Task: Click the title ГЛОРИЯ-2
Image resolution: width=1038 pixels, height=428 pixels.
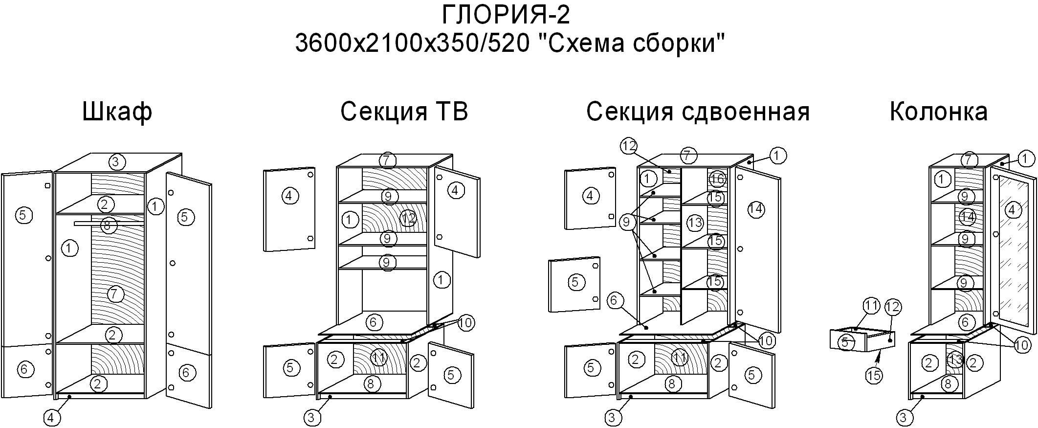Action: (506, 15)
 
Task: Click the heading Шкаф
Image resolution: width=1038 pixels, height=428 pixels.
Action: (117, 112)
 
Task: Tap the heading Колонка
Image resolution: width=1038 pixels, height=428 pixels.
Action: (938, 112)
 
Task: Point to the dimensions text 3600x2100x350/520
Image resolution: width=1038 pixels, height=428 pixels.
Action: (412, 44)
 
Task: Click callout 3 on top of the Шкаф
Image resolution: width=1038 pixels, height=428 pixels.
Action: (116, 162)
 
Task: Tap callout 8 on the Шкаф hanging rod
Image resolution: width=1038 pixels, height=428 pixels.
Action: (108, 225)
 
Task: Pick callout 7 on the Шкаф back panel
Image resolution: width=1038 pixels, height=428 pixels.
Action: (114, 294)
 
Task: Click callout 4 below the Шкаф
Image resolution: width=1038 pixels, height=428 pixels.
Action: (52, 418)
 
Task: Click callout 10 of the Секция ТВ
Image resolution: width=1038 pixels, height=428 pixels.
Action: (466, 323)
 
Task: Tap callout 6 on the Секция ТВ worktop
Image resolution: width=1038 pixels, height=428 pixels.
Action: (374, 322)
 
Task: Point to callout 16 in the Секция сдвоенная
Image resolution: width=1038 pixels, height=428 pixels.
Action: (717, 179)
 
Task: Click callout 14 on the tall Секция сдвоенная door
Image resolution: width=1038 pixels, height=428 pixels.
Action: (756, 209)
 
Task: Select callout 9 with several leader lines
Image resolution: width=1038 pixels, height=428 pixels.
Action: (626, 223)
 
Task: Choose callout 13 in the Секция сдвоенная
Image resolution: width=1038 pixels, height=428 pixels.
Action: (695, 223)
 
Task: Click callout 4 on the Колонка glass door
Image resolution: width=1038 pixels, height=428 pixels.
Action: (1012, 210)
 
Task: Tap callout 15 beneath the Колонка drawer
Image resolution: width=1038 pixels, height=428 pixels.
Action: (874, 375)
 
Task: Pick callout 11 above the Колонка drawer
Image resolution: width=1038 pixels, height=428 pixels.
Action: (871, 307)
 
